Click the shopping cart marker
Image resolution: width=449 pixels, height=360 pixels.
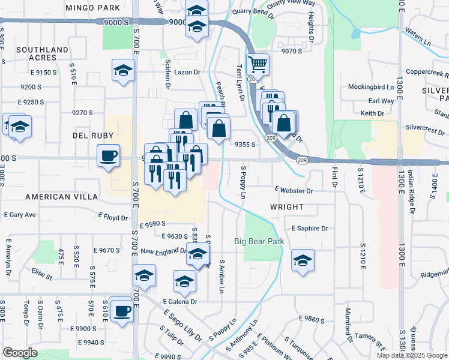[258, 63]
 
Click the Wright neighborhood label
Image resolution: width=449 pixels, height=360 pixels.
[286, 206]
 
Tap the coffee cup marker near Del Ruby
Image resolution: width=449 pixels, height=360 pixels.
[109, 155]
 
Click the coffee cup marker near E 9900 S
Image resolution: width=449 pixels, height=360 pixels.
[122, 311]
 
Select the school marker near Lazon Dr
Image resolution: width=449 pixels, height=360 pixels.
[123, 70]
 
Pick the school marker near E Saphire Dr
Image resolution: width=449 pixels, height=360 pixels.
[303, 260]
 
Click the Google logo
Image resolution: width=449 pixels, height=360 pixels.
[20, 352]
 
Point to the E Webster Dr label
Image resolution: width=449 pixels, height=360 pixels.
[294, 191]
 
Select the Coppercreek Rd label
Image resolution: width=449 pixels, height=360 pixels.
[427, 72]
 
